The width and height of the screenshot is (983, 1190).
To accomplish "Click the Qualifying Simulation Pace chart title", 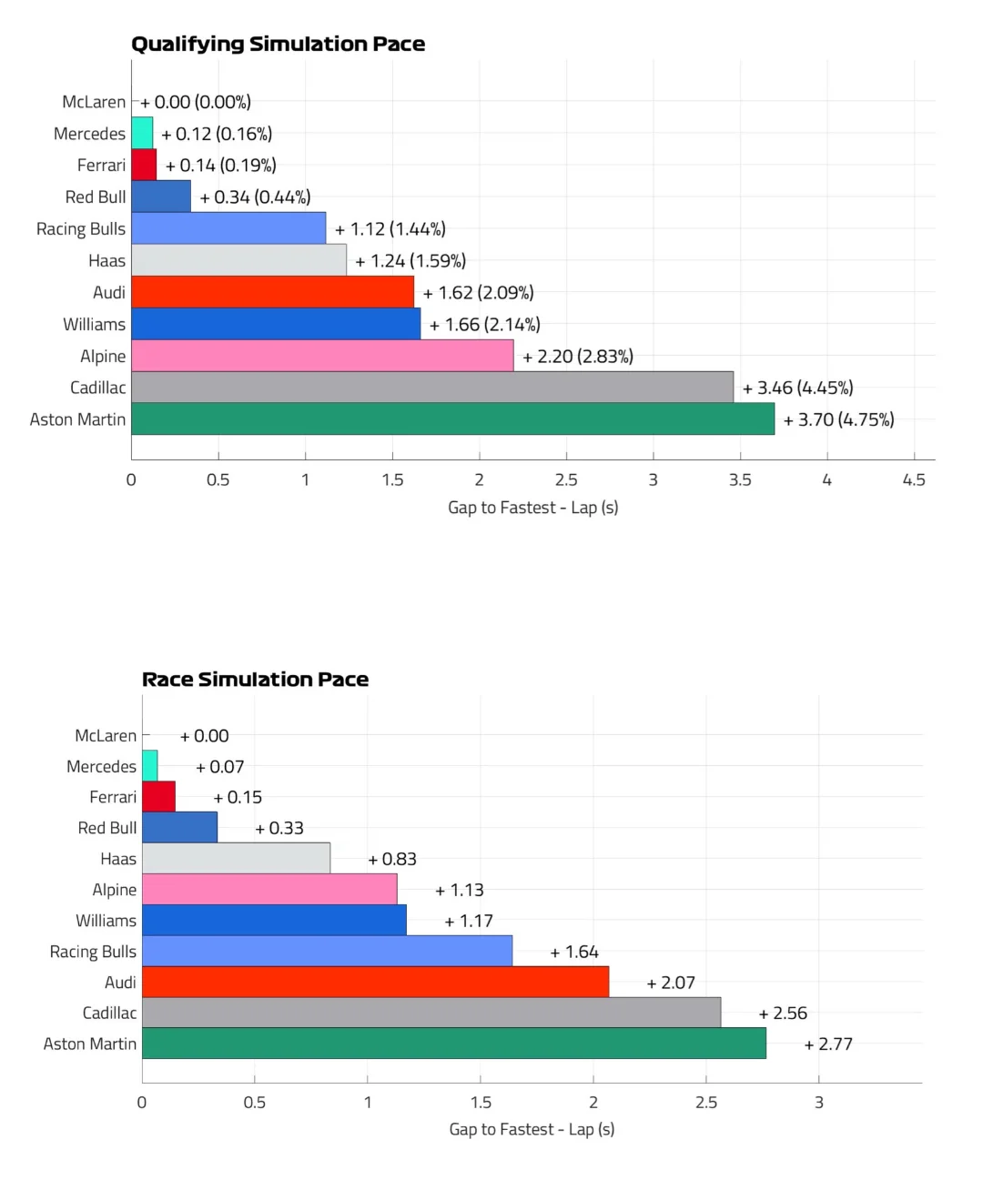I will pos(278,44).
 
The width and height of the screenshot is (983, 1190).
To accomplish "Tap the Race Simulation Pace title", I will pos(255,680).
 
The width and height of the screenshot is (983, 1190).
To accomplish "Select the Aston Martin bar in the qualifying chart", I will pos(452,419).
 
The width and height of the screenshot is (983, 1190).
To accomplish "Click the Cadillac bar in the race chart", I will pos(431,1013).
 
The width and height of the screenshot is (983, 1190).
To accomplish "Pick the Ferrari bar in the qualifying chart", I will pos(144,166).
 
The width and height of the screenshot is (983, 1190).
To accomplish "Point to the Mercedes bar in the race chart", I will pos(150,766).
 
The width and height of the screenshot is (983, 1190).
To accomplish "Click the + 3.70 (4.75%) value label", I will pos(838,419).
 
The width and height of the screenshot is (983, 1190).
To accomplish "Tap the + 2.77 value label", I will pos(828,1044).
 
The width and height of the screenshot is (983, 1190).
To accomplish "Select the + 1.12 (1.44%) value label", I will pos(390,229).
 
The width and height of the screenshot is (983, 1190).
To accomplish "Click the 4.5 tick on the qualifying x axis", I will pos(914,480).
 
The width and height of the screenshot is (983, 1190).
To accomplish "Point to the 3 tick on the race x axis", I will pos(818,1103).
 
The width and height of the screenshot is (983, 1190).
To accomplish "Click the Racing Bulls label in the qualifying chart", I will pos(80,229).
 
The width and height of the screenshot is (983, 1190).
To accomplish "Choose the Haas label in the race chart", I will pos(118,859).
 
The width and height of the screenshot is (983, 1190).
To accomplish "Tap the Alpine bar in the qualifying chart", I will pos(322,356).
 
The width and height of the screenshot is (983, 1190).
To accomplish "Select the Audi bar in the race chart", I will pos(375,982).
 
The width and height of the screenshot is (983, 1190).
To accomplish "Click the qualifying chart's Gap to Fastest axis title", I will pos(532,508).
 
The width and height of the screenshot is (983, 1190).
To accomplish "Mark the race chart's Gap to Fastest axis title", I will pos(532,1129).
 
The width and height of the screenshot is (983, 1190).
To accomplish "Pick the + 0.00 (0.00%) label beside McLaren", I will pos(195,103).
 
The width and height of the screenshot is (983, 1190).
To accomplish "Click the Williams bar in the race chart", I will pos(274,920).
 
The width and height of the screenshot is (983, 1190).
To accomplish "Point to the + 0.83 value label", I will pos(392,859).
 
